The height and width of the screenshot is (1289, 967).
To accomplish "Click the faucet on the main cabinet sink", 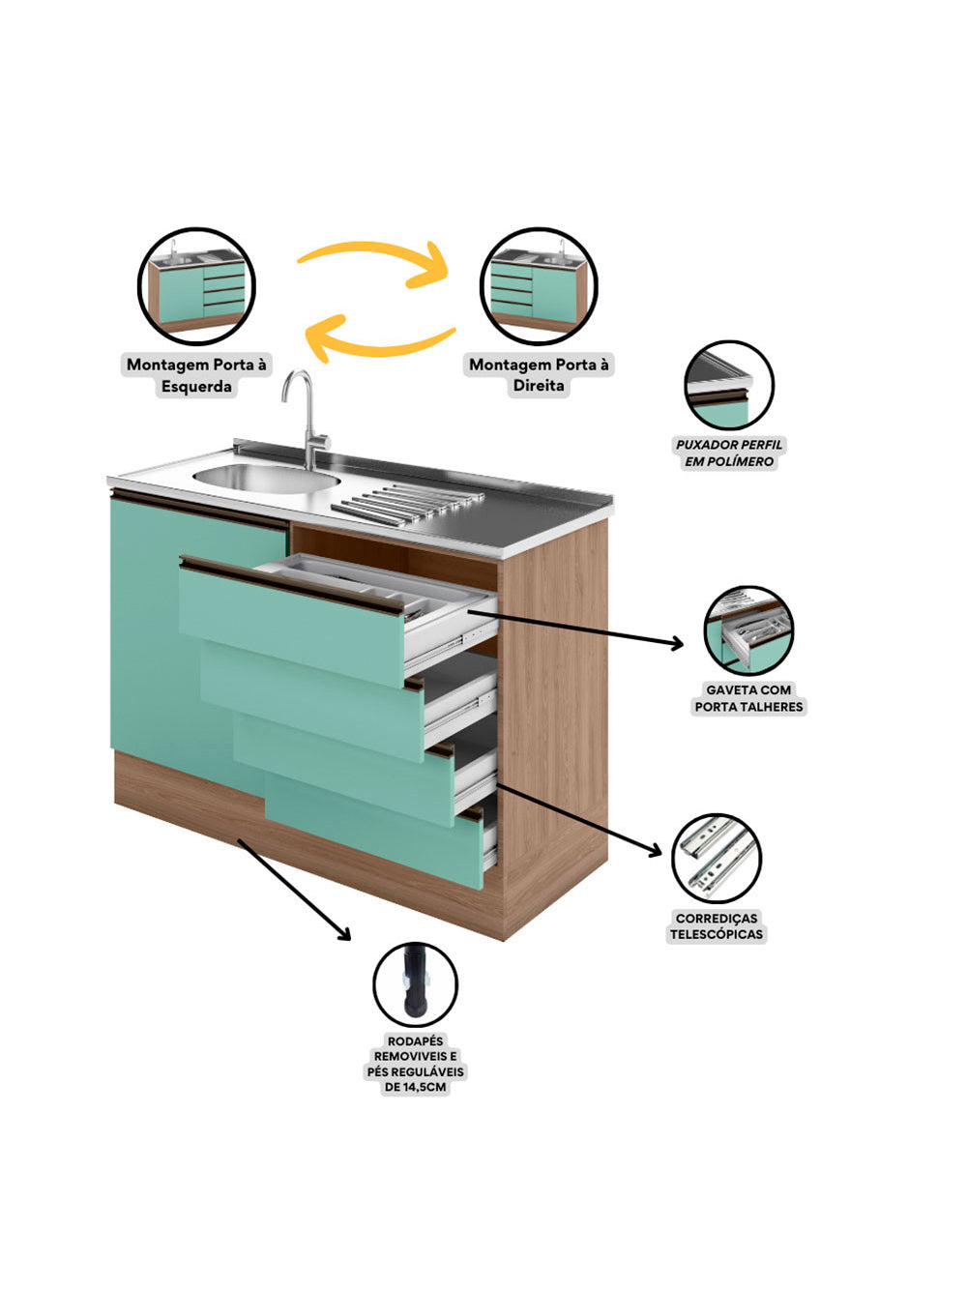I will (308, 416).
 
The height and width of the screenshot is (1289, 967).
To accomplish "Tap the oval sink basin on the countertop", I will (265, 477).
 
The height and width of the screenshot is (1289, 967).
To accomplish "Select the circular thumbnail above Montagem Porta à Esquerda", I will (196, 286).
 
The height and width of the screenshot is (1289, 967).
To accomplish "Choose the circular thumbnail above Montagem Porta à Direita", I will (539, 286).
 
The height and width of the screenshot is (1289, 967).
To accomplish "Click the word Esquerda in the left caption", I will (196, 387).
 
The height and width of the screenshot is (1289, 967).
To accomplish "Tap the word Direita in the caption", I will (539, 386).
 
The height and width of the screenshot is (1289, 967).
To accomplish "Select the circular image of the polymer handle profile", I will (729, 385).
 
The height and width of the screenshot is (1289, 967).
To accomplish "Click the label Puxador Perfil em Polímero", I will (729, 453).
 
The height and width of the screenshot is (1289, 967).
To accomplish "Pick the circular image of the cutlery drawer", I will (748, 630).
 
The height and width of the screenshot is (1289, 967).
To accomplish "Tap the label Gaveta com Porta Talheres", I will (748, 698).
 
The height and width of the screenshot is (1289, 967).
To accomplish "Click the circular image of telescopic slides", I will (717, 859).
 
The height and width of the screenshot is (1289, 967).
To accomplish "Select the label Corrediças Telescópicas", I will (717, 926).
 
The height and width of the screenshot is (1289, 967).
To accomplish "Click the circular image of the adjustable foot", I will (415, 984).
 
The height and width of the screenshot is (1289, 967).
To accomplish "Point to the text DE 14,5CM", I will (415, 1087).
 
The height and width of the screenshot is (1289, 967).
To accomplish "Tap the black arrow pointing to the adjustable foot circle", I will (294, 889).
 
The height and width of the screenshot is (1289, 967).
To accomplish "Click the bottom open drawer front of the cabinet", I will (377, 832).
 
